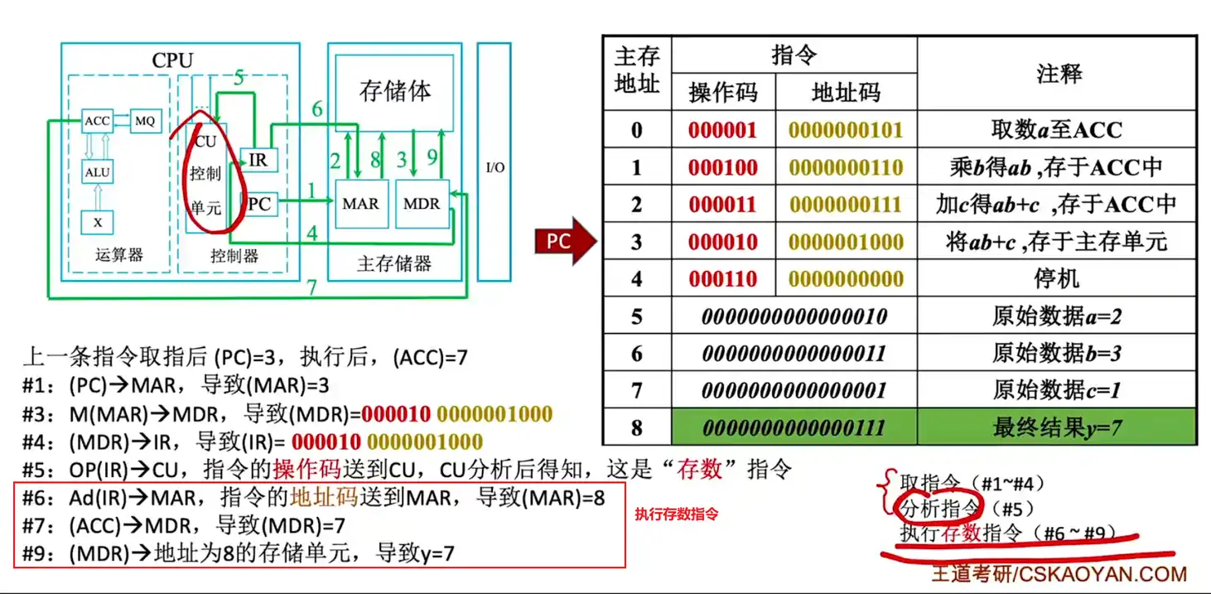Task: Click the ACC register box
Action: click(97, 121)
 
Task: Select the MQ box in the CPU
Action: click(144, 121)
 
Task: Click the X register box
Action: click(97, 221)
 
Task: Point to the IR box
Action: click(258, 159)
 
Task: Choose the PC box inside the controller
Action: click(258, 203)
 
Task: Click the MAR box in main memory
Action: click(359, 203)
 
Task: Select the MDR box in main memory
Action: click(421, 203)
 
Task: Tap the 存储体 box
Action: click(395, 91)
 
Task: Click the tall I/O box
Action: click(495, 166)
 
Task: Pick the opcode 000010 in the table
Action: click(723, 242)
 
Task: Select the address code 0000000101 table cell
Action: click(846, 130)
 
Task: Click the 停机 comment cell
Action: click(1057, 278)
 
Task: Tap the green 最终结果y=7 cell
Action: click(1057, 427)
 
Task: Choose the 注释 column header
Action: click(1058, 74)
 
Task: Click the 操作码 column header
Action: click(723, 93)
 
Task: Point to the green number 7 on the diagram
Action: click(311, 287)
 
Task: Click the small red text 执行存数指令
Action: click(676, 514)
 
